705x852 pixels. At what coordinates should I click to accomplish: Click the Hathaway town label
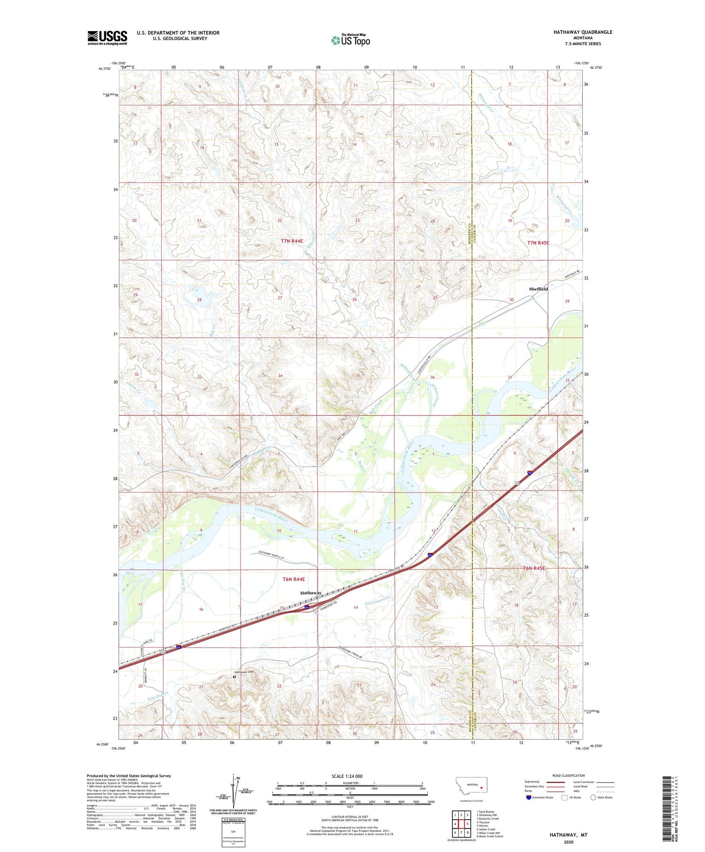click(311, 593)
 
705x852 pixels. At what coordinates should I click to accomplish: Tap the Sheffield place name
click(538, 289)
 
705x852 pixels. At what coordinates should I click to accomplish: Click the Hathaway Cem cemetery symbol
click(235, 677)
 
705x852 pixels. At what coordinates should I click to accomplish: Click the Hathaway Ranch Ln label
click(272, 555)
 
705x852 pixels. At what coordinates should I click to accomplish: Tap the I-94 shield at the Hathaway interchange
click(306, 608)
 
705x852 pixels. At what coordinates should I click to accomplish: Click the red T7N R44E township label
click(292, 241)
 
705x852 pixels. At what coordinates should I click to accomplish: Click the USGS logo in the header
click(107, 38)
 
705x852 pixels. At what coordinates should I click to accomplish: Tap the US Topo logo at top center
click(350, 40)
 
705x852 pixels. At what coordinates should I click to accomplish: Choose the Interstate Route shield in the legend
click(529, 797)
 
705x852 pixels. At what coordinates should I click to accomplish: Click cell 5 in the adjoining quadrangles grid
click(468, 823)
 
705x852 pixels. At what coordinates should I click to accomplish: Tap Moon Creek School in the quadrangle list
click(491, 836)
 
